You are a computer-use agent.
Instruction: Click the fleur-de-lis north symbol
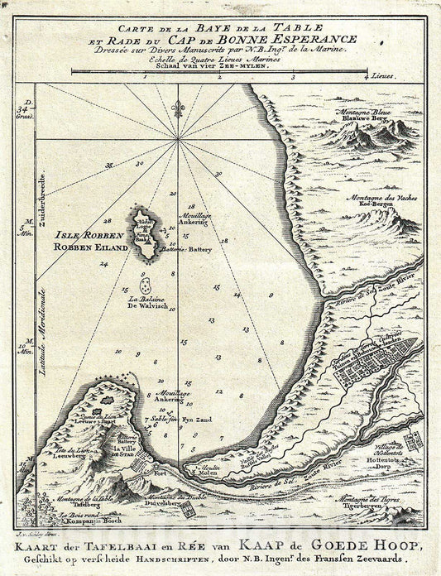pyautogui.click(x=177, y=108)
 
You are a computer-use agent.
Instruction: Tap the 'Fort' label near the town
pyautogui.click(x=161, y=473)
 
